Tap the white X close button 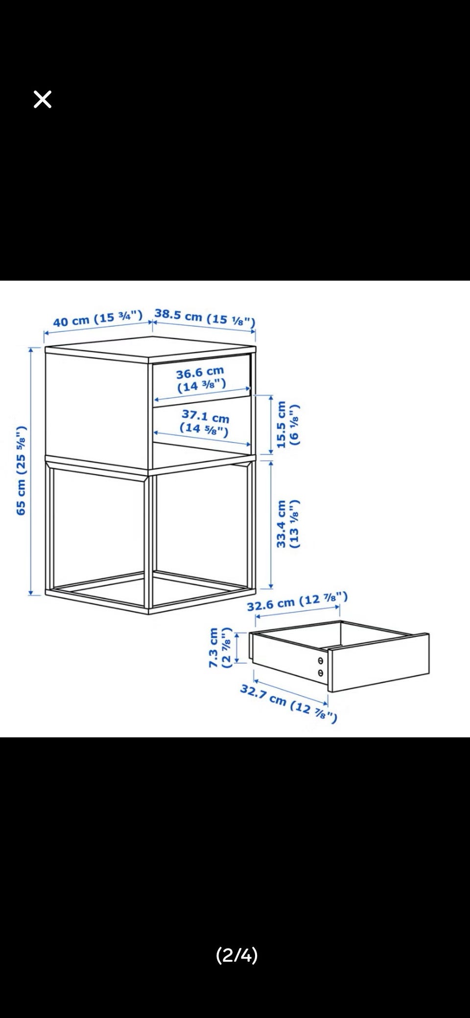43,99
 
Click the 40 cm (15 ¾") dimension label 98,318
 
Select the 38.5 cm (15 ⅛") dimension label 205,317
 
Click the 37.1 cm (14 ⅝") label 205,422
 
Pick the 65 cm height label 21,470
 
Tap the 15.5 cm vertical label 287,424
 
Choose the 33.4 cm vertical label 287,524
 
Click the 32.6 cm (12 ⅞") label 297,601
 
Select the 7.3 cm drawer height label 219,647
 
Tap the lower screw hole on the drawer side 321,673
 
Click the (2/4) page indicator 237,955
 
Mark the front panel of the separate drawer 378,662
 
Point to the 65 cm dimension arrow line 31,471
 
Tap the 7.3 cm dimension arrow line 237,648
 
